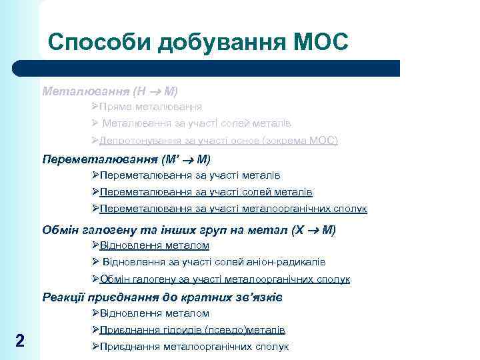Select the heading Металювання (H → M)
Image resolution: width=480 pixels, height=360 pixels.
(110, 90)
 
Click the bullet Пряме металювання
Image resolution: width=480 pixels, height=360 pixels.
(151, 107)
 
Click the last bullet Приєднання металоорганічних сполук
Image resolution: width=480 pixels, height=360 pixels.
(194, 347)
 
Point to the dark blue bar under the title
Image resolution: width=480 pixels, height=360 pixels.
(207, 69)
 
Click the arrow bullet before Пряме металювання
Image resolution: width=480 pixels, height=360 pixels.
(96, 107)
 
